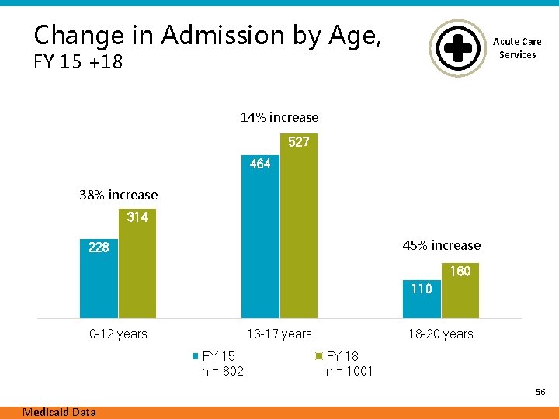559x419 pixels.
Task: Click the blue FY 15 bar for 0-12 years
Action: click(99, 279)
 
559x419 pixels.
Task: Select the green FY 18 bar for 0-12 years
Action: click(137, 263)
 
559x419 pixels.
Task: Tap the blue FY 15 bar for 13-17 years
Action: click(260, 237)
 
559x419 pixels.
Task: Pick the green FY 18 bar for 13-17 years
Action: click(299, 226)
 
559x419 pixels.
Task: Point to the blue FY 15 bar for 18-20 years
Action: click(422, 299)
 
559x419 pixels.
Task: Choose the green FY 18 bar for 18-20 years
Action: click(460, 290)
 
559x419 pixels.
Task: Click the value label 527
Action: click(299, 142)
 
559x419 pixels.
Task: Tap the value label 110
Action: click(422, 289)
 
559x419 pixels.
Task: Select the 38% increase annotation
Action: click(118, 195)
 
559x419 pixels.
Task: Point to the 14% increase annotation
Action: click(279, 117)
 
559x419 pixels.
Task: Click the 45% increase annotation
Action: click(442, 245)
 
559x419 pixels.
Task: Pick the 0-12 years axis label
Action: click(118, 334)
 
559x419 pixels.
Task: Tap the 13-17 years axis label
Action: click(279, 334)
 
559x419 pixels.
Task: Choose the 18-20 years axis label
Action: click(441, 334)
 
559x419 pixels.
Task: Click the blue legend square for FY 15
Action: click(196, 356)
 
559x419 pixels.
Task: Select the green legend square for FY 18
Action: click(319, 356)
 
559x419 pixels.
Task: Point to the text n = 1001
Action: click(349, 371)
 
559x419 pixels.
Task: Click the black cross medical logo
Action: click(458, 48)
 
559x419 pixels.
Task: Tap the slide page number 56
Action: click(540, 392)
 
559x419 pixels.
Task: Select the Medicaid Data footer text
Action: click(59, 412)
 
